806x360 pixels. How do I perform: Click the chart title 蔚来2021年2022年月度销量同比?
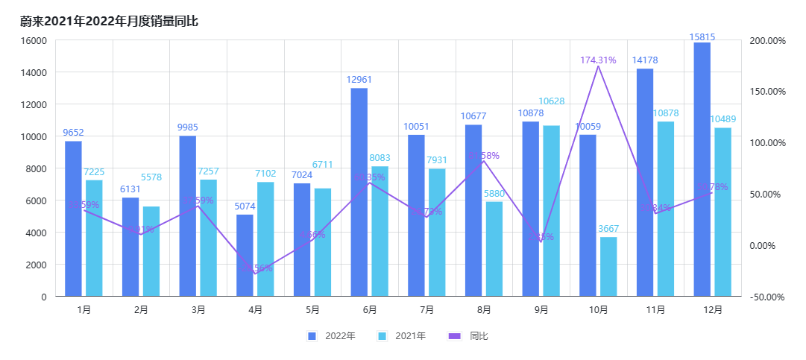click(x=109, y=21)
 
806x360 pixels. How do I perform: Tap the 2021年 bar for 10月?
click(x=608, y=267)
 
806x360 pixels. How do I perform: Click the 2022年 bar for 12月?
click(x=702, y=169)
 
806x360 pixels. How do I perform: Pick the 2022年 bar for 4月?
click(x=245, y=256)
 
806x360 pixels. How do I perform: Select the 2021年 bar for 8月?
click(x=494, y=249)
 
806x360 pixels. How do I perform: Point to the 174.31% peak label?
click(x=598, y=60)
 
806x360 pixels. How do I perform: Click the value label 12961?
click(x=359, y=80)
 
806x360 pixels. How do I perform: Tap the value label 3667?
click(x=608, y=229)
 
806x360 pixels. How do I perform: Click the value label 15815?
click(x=702, y=37)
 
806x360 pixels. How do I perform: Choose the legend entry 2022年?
click(x=332, y=336)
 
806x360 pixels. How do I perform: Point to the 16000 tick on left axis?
click(x=34, y=40)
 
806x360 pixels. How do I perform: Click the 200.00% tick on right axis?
click(x=767, y=40)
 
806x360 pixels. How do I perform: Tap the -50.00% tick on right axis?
click(x=767, y=297)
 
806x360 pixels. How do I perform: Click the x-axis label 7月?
click(x=426, y=310)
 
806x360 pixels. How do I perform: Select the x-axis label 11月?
click(x=655, y=310)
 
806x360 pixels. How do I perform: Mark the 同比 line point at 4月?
click(x=255, y=274)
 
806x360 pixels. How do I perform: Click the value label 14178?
click(x=645, y=60)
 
